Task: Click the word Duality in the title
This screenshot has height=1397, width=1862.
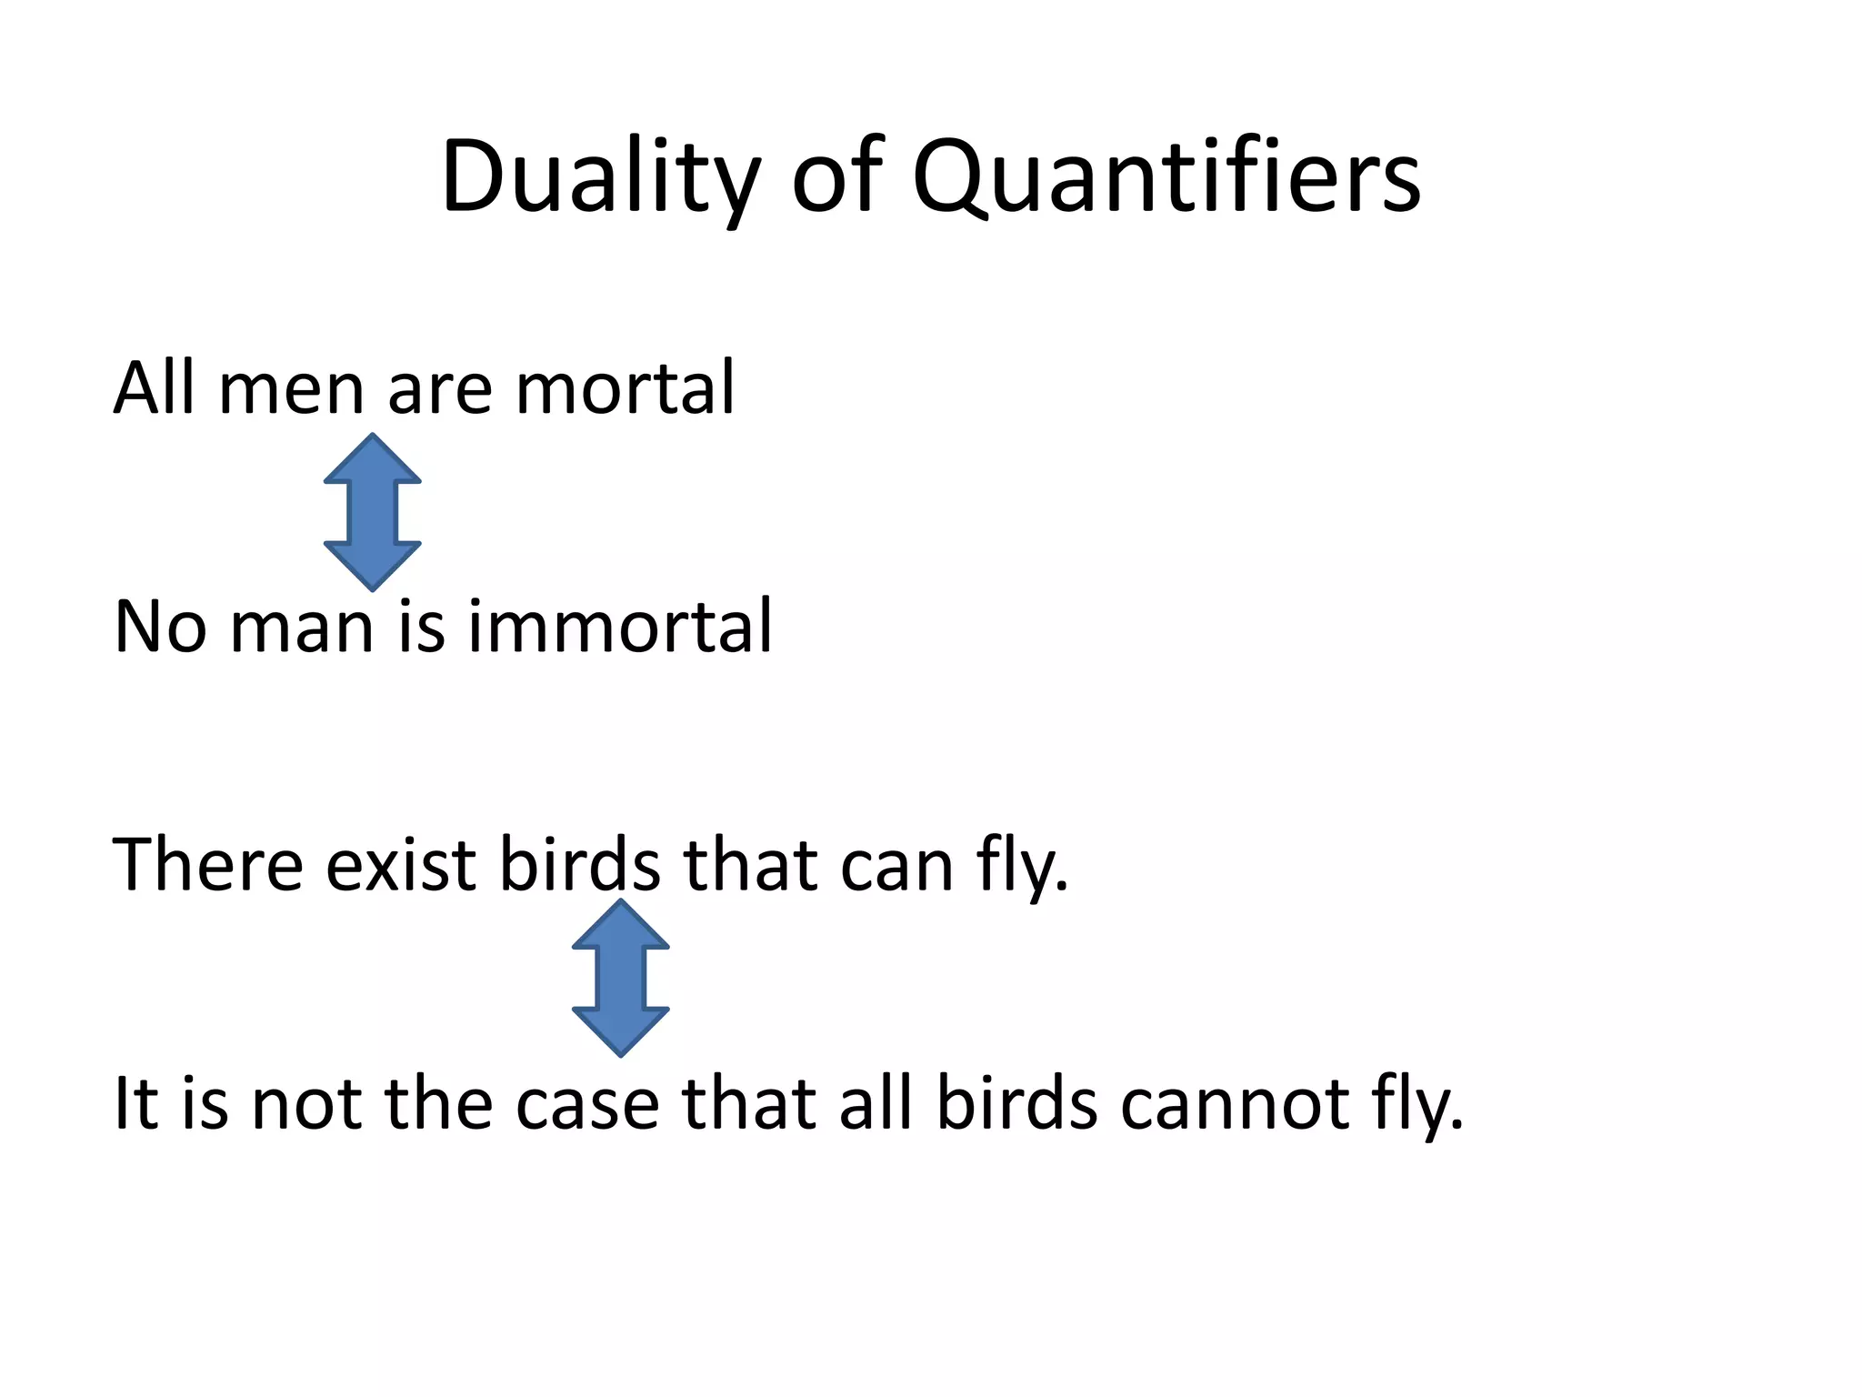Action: [x=600, y=177]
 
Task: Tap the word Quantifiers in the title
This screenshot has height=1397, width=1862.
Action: [x=1166, y=177]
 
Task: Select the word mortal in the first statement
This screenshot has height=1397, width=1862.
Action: [x=625, y=388]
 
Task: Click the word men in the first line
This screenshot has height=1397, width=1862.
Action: [x=291, y=388]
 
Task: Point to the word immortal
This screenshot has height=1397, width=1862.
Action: [x=620, y=627]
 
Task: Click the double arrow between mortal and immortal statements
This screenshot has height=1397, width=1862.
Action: [x=373, y=511]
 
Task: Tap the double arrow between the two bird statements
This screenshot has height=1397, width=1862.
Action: [x=621, y=978]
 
